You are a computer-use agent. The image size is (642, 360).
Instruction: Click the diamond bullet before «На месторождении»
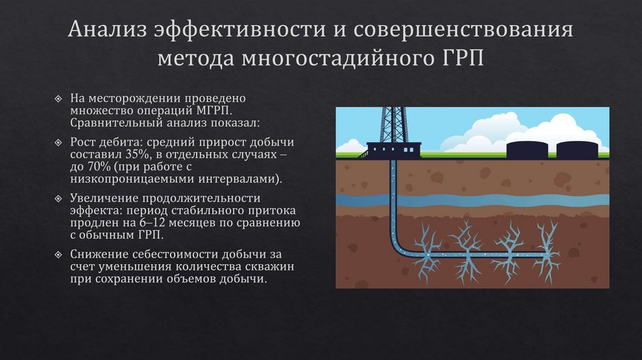(58, 98)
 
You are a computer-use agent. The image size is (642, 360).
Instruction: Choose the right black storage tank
(576, 149)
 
